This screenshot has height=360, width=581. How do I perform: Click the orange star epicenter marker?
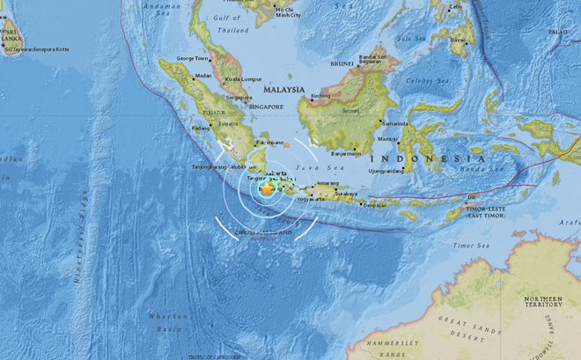(267, 188)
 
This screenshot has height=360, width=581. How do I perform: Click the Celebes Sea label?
(426, 79)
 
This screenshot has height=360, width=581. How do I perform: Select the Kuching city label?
(320, 95)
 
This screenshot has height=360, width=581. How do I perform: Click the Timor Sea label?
(471, 246)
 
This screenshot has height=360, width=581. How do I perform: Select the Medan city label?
(202, 76)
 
